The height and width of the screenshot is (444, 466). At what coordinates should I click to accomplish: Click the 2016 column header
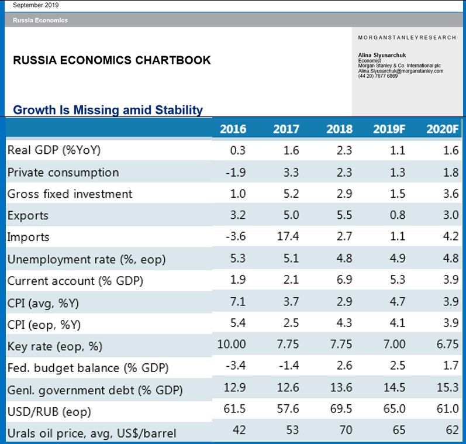(x=233, y=129)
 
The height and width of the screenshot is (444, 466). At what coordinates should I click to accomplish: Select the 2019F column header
(x=389, y=129)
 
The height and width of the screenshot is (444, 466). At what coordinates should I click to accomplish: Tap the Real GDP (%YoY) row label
(x=54, y=150)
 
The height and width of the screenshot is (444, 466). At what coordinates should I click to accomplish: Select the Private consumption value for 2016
(x=237, y=172)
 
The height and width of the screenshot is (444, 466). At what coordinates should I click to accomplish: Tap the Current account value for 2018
(x=345, y=280)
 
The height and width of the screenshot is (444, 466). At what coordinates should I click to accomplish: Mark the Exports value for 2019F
(x=398, y=215)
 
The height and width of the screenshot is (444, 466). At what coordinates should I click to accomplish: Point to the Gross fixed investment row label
(x=70, y=194)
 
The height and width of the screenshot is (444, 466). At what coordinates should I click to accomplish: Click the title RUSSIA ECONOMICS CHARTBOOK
(x=112, y=60)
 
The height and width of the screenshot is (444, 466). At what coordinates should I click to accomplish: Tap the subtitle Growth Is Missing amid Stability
(x=108, y=109)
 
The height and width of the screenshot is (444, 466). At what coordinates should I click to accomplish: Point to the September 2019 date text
(x=36, y=5)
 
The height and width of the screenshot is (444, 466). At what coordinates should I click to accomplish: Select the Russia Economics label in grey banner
(x=40, y=20)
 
